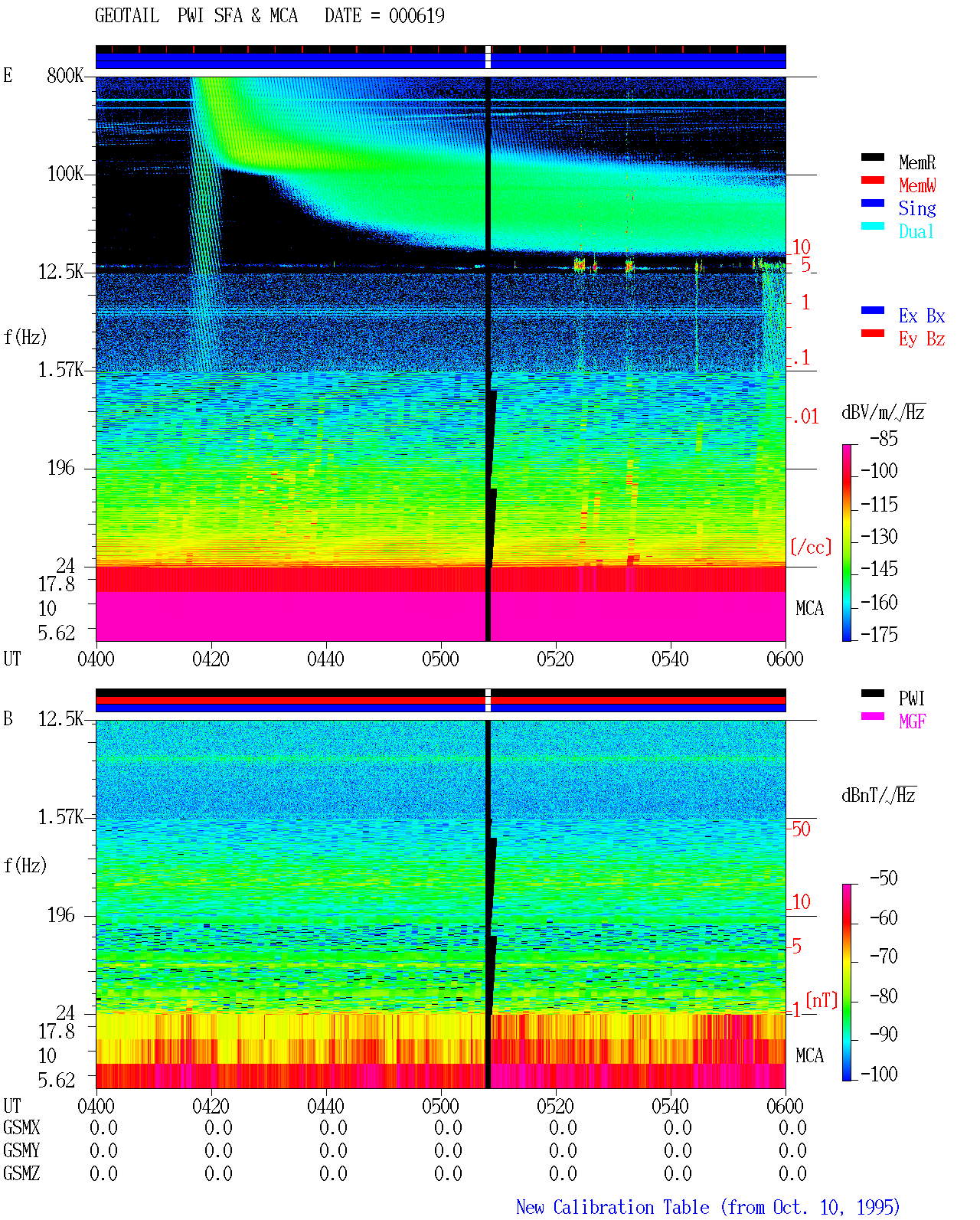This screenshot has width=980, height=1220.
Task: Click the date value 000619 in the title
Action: tap(416, 16)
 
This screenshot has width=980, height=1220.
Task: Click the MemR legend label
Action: tap(916, 162)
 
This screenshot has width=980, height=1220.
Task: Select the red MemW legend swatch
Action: tap(872, 180)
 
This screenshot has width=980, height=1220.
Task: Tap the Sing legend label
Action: tap(916, 208)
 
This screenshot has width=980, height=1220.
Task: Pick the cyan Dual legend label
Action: tap(916, 231)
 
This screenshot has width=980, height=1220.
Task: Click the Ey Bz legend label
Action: tap(922, 339)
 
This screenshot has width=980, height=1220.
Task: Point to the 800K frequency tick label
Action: tap(65, 76)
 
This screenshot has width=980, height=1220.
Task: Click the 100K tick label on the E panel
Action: tap(65, 174)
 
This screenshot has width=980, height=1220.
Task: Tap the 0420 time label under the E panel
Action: tap(211, 659)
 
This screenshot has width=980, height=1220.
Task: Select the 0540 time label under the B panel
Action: tap(670, 1105)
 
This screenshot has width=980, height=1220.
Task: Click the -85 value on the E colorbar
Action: tap(884, 438)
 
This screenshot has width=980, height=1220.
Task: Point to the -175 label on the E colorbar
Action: tap(879, 634)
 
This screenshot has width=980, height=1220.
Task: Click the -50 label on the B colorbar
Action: tap(884, 878)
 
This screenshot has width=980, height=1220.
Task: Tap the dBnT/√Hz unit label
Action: tap(878, 795)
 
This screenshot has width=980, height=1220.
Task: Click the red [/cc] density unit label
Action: tap(811, 547)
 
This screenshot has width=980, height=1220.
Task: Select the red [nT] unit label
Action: tap(822, 1000)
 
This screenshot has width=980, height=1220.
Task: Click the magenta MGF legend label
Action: tap(912, 721)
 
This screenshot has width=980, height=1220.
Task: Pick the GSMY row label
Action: tap(21, 1150)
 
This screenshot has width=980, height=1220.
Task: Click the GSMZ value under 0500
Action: tap(448, 1173)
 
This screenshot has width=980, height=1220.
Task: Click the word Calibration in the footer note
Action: tap(631, 1207)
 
